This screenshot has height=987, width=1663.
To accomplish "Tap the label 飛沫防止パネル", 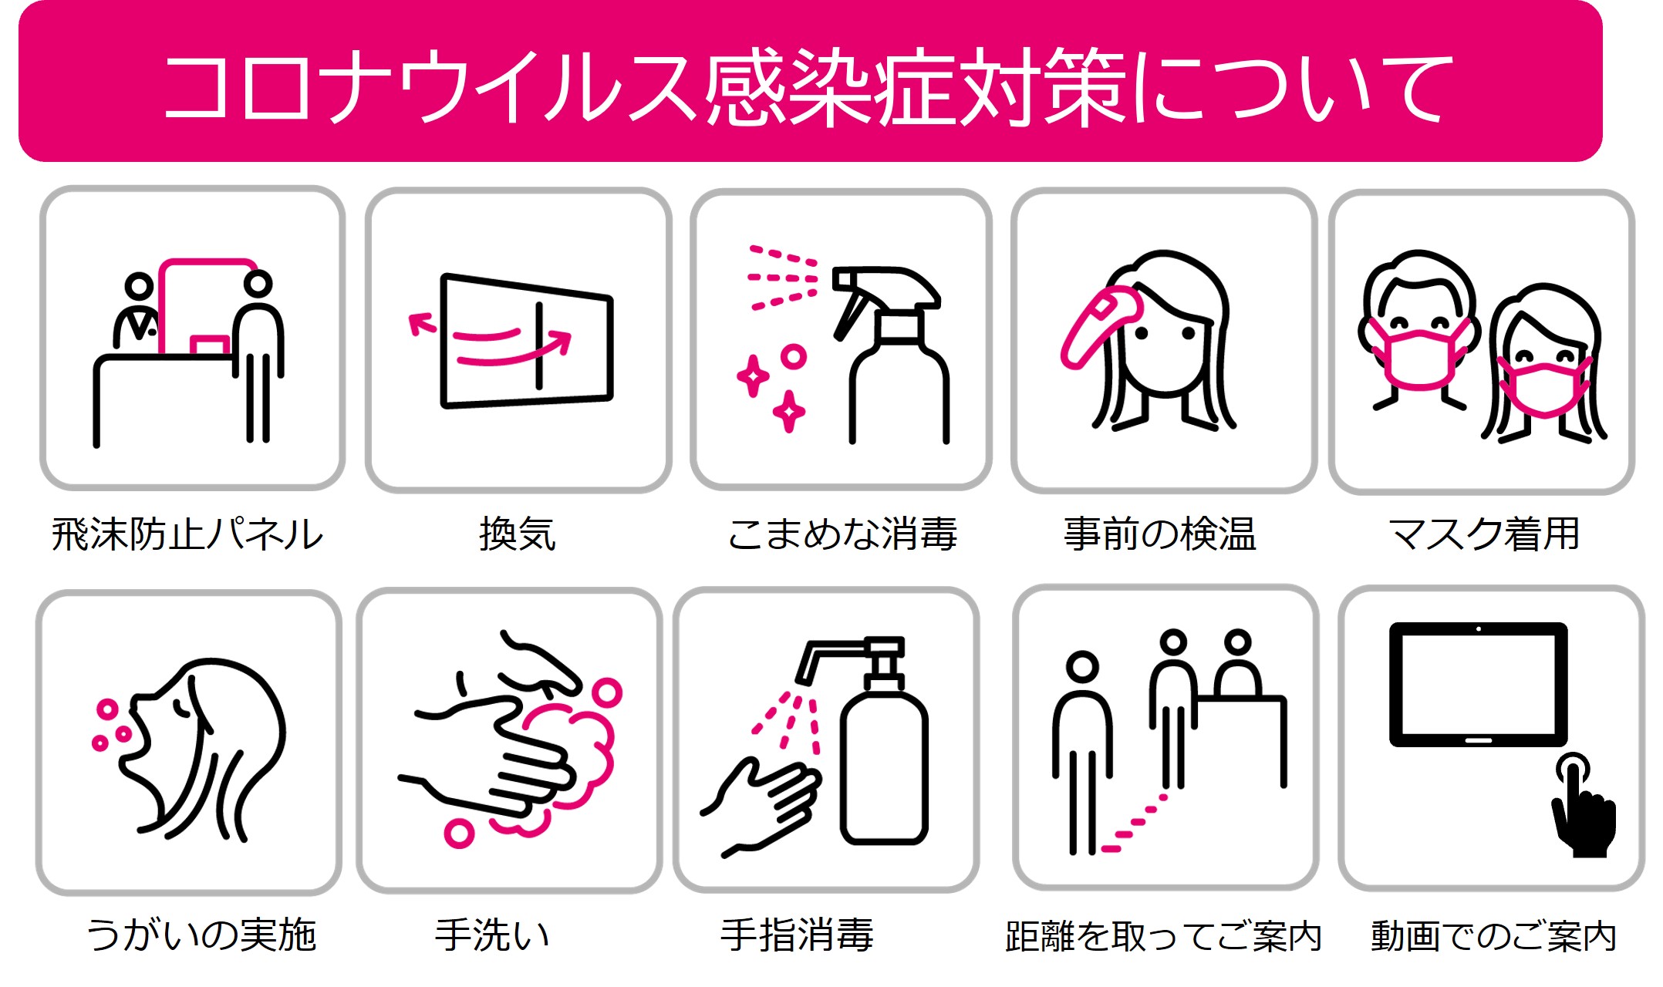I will tap(187, 534).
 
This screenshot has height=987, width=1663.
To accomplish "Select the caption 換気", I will tap(518, 534).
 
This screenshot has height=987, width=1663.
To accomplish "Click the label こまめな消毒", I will tap(842, 534).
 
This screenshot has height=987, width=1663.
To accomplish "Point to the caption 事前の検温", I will tap(1160, 534).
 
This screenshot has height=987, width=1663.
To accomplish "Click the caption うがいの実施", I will tap(201, 935).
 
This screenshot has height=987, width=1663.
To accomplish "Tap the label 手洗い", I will tap(492, 935).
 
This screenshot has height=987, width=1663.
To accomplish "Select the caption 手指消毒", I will tap(798, 935).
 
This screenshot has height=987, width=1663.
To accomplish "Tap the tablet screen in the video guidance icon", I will tap(1478, 683).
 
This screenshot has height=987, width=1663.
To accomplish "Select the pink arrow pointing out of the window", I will tap(422, 324).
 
